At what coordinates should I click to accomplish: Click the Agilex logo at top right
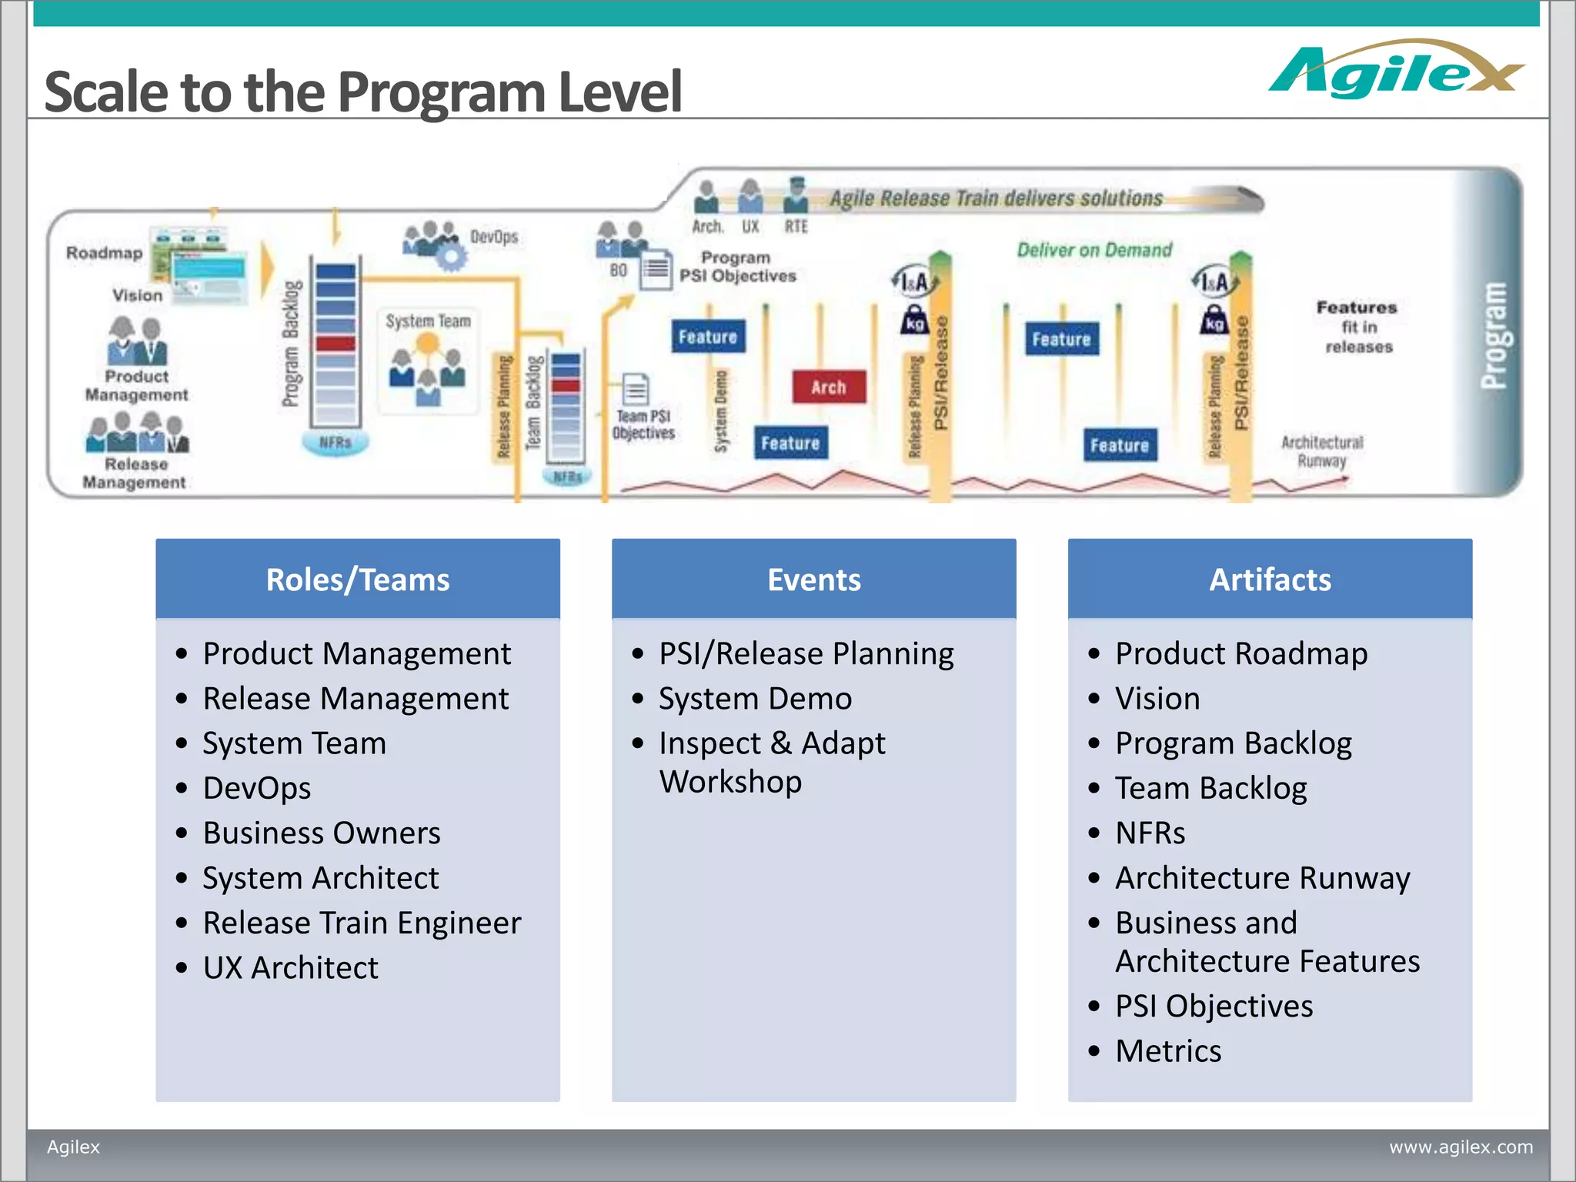1394,71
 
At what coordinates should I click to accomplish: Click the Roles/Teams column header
357,579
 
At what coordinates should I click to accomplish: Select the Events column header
813,579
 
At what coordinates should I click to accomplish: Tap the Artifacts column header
1270,579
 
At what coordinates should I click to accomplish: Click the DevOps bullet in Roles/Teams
257,788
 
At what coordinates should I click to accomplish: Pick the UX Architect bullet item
290,967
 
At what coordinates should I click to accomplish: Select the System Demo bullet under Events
755,699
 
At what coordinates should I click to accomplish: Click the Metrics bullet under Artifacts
1168,1051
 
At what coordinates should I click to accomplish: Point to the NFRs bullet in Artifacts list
1150,833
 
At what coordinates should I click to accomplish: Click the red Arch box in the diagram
828,387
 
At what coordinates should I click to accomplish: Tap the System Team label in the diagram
428,321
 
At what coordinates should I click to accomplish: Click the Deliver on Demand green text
1094,250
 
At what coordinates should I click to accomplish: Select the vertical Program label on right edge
1494,335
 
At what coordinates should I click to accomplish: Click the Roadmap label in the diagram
105,253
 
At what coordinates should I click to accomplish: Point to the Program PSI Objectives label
737,267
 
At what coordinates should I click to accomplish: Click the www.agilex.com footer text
1460,1147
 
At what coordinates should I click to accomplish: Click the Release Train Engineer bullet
362,923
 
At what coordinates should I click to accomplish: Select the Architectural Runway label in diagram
1321,451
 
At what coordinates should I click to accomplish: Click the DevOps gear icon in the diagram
451,255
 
